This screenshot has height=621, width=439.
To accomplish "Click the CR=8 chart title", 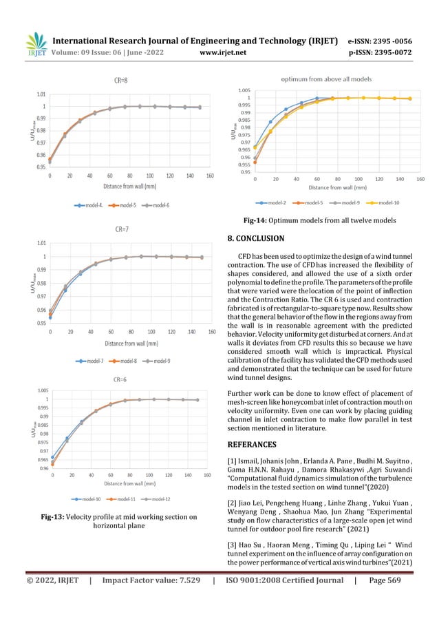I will click(x=120, y=81).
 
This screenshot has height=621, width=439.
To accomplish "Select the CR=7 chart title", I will click(x=120, y=231).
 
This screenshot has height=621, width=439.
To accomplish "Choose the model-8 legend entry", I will click(x=125, y=360).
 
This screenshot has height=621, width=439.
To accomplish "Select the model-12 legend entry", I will click(x=159, y=498).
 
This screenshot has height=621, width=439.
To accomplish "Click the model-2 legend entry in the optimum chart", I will click(x=276, y=202).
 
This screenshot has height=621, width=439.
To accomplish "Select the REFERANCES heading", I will click(x=256, y=445).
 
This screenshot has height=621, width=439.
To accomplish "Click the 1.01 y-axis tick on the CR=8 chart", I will click(x=41, y=94).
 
